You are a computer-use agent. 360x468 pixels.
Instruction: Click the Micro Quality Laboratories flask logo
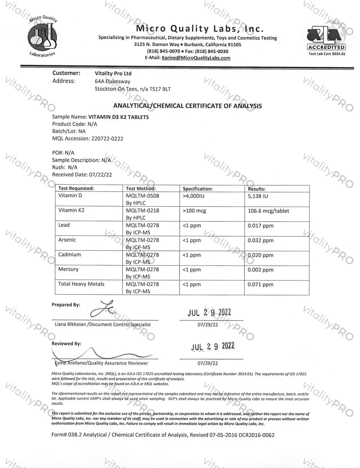point(42,37)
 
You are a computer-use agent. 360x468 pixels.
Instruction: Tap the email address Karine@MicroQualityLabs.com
point(196,58)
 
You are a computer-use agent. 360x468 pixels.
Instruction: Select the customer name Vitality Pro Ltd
point(113,73)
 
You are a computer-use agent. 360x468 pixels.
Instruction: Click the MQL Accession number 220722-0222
point(107,138)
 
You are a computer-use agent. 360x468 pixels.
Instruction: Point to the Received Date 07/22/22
point(100,174)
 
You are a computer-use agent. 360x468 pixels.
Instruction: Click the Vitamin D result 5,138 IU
point(258,196)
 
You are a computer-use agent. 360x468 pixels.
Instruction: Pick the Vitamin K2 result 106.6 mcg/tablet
point(268,211)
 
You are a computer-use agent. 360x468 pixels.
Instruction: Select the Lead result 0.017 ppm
point(260,226)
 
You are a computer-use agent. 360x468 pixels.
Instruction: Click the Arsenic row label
point(67,240)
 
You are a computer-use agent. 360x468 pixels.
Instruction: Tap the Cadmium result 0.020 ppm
point(260,255)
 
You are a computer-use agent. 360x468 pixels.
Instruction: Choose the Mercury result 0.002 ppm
point(260,270)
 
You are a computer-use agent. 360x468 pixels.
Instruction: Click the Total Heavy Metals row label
point(81,284)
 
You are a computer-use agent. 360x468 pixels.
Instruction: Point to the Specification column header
point(197,189)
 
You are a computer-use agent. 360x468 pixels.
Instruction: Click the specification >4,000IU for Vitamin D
point(193,196)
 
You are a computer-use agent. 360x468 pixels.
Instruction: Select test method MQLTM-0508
point(142,196)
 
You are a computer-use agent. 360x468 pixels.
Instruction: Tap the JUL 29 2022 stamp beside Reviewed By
point(213,346)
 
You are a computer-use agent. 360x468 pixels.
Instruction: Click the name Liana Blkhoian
point(70,324)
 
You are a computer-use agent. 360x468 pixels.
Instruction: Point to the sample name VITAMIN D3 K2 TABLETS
point(118,117)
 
